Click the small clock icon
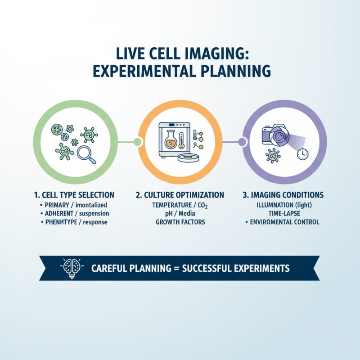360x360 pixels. pyautogui.click(x=303, y=153)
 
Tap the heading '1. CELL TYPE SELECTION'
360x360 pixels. pyautogui.click(x=75, y=195)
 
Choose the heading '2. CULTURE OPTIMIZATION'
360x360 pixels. pyautogui.click(x=180, y=195)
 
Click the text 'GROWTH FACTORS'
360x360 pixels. pyautogui.click(x=180, y=222)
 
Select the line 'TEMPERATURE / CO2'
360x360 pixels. pyautogui.click(x=180, y=204)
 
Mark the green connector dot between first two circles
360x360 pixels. pyautogui.click(x=138, y=142)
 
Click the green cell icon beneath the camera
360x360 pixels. pyautogui.click(x=272, y=156)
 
